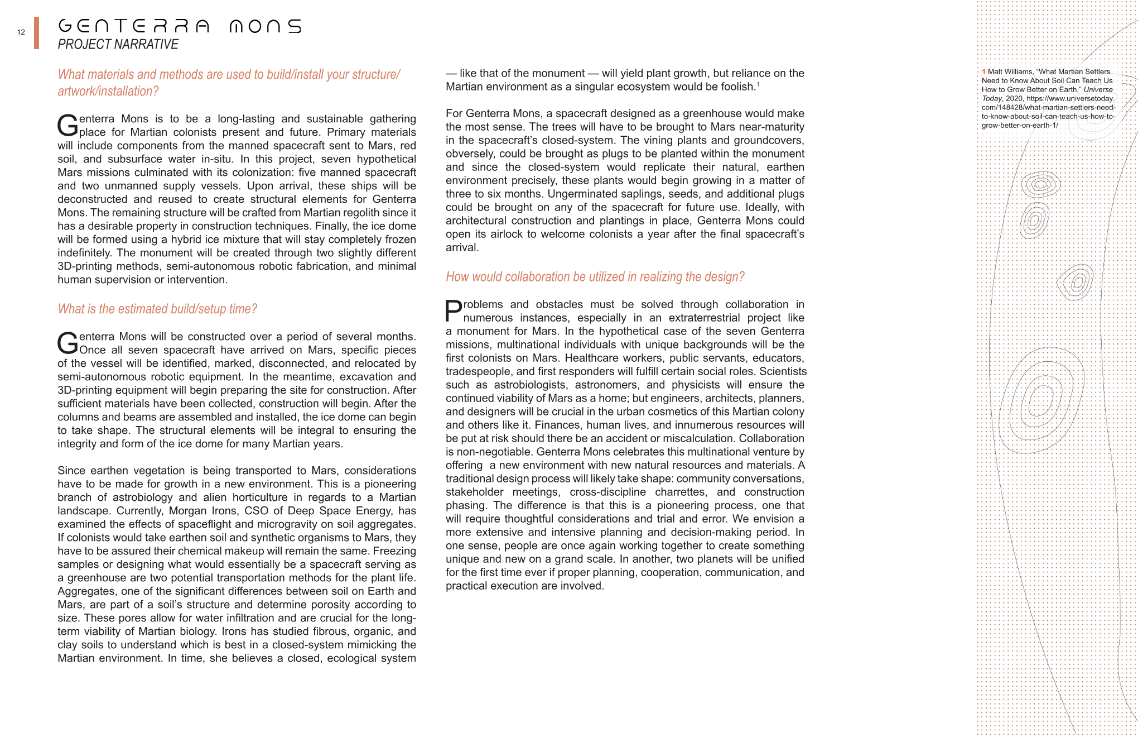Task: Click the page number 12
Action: (21, 32)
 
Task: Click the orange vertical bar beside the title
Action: (36, 33)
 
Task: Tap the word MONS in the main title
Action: (265, 26)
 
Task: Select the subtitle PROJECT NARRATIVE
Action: (118, 45)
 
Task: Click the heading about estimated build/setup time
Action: (157, 309)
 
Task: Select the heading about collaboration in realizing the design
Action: (595, 277)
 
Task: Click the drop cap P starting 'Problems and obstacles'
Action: (454, 311)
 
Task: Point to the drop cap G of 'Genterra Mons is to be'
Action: (67, 126)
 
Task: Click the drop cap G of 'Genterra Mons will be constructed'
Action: (67, 343)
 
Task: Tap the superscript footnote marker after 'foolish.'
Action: (758, 84)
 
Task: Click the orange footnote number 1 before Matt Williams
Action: (984, 71)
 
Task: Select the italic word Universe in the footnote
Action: (1098, 89)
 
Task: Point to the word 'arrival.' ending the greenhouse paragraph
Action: (462, 248)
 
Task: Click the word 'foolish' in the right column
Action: (735, 87)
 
